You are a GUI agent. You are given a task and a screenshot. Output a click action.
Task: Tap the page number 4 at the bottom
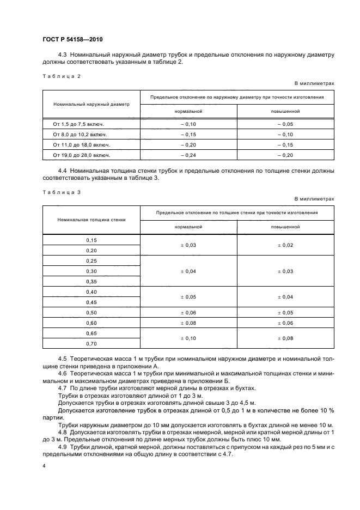(x=44, y=466)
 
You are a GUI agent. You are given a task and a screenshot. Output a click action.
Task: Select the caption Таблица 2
(x=60, y=76)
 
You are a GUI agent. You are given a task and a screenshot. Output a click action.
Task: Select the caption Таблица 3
(x=60, y=192)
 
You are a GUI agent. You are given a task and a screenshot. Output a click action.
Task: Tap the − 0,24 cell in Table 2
(x=188, y=155)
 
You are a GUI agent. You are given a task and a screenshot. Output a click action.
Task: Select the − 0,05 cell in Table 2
(x=285, y=124)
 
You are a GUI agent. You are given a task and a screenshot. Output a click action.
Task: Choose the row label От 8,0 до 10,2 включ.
(x=80, y=135)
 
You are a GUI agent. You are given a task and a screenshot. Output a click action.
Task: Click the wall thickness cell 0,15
(x=91, y=240)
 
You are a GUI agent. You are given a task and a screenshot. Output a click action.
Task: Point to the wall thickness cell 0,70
(x=91, y=344)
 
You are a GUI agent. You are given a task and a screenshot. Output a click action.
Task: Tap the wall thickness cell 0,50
(x=91, y=313)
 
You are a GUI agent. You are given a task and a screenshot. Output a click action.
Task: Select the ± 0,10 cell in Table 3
(x=188, y=338)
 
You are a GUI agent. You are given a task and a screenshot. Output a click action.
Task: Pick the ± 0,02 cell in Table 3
(x=285, y=245)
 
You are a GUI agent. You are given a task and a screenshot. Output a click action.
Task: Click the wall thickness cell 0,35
(x=91, y=282)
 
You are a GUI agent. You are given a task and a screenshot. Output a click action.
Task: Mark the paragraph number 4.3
(x=62, y=54)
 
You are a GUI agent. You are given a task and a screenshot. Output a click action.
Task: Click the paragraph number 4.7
(x=62, y=388)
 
